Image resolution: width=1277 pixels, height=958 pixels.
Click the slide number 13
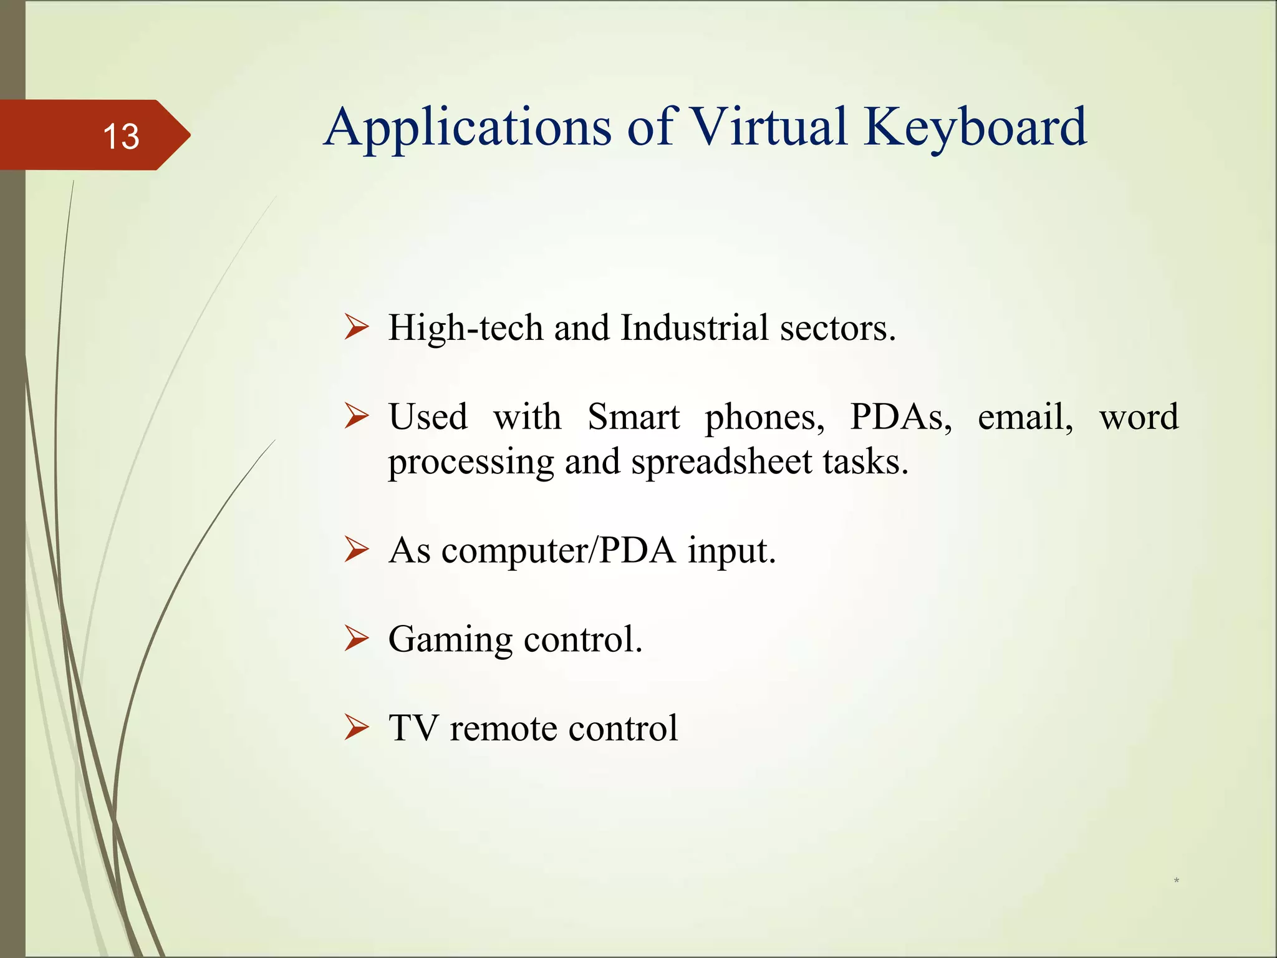point(121,136)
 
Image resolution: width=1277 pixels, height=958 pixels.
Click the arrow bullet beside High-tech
point(357,327)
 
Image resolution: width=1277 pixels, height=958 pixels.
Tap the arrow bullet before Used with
point(357,416)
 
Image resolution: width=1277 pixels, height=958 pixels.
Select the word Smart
point(633,417)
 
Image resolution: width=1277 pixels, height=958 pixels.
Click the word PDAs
point(900,417)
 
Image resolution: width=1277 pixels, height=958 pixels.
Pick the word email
point(1024,417)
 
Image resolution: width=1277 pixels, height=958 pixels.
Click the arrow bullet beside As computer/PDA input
point(357,549)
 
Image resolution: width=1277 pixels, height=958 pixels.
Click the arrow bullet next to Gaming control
point(357,639)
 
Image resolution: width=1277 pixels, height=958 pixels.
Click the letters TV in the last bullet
point(412,728)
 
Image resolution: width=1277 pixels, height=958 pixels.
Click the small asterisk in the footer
point(1176,881)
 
